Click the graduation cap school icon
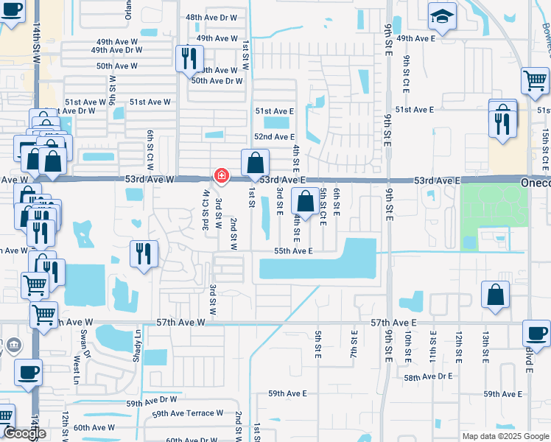pos(442,17)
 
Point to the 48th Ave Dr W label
pos(211,17)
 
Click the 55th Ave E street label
pos(293,251)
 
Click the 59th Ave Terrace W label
pos(187,415)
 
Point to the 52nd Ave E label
pos(274,137)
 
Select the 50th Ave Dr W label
pos(217,81)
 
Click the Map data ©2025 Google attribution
pos(505,436)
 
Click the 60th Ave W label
pos(94,427)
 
